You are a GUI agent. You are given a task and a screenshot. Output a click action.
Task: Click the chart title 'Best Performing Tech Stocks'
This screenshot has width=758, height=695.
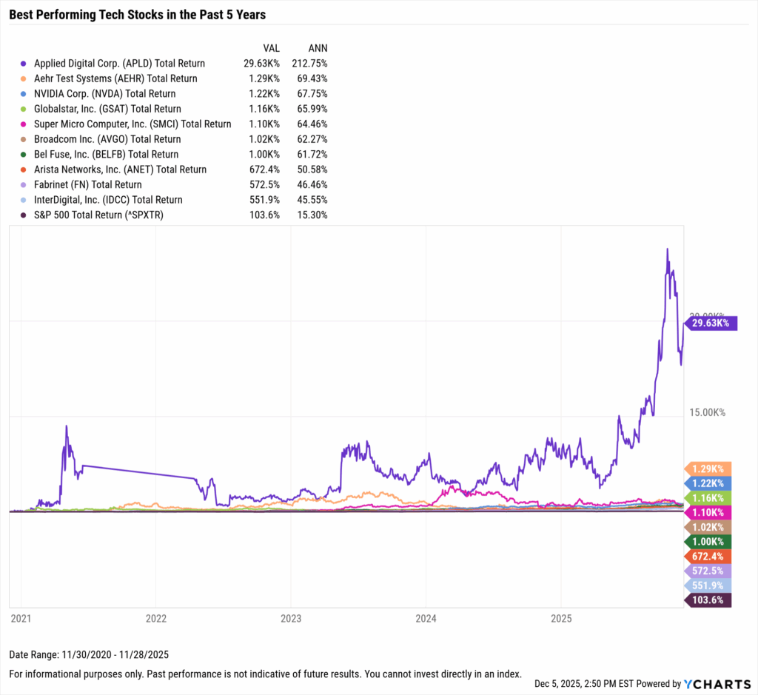(137, 14)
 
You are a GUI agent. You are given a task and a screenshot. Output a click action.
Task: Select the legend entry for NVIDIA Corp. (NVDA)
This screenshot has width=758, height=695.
(104, 94)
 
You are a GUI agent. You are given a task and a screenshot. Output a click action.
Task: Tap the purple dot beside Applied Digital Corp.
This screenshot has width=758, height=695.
(24, 64)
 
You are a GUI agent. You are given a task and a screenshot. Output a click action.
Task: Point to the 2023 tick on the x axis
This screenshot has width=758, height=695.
(290, 617)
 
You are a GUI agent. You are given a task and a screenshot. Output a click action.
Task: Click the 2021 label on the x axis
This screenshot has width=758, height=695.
(21, 617)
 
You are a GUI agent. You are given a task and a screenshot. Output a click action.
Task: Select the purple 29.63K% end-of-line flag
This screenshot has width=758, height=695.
(710, 323)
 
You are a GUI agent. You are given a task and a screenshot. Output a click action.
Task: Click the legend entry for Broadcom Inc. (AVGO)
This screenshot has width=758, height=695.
(107, 139)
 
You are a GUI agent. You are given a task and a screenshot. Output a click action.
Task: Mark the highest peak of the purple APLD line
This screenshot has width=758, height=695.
(667, 249)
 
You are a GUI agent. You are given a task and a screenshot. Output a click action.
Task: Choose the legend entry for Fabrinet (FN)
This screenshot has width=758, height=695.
(87, 184)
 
